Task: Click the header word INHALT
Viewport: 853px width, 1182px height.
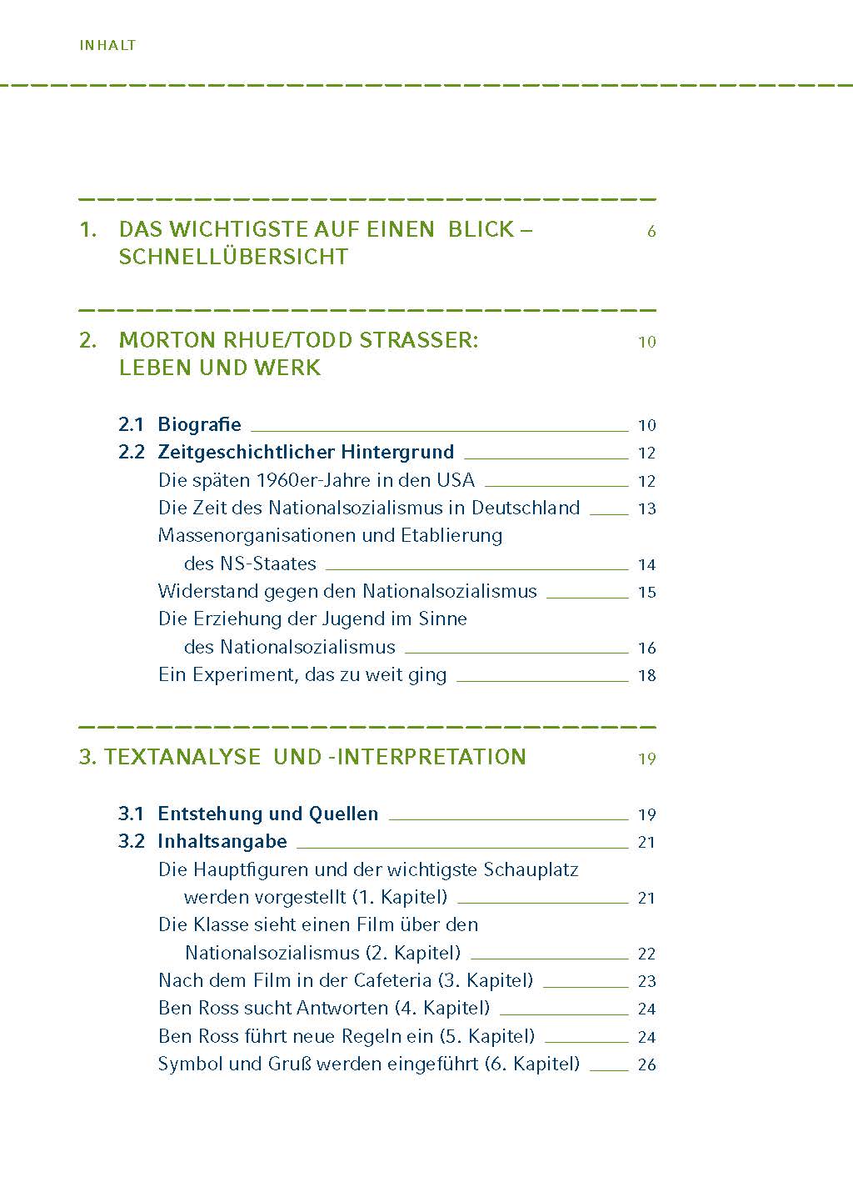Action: pos(107,46)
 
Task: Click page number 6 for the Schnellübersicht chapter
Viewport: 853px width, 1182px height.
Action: pos(651,232)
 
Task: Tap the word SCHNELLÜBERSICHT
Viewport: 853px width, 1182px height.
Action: pos(233,257)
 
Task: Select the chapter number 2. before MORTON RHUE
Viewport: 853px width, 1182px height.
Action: pos(88,341)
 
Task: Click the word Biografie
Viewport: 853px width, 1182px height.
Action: pos(199,424)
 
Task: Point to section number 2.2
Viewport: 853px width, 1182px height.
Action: pos(131,453)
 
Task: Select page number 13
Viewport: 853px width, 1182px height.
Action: pos(647,508)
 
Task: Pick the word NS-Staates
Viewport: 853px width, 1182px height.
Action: pos(267,563)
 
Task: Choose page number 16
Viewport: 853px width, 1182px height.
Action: pos(647,648)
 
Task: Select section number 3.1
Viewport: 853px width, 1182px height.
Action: pos(131,814)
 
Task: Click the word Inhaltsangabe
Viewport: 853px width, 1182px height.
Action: pos(222,842)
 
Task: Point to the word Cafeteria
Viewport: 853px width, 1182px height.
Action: pos(392,981)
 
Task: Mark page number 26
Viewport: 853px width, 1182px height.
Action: pos(647,1064)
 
